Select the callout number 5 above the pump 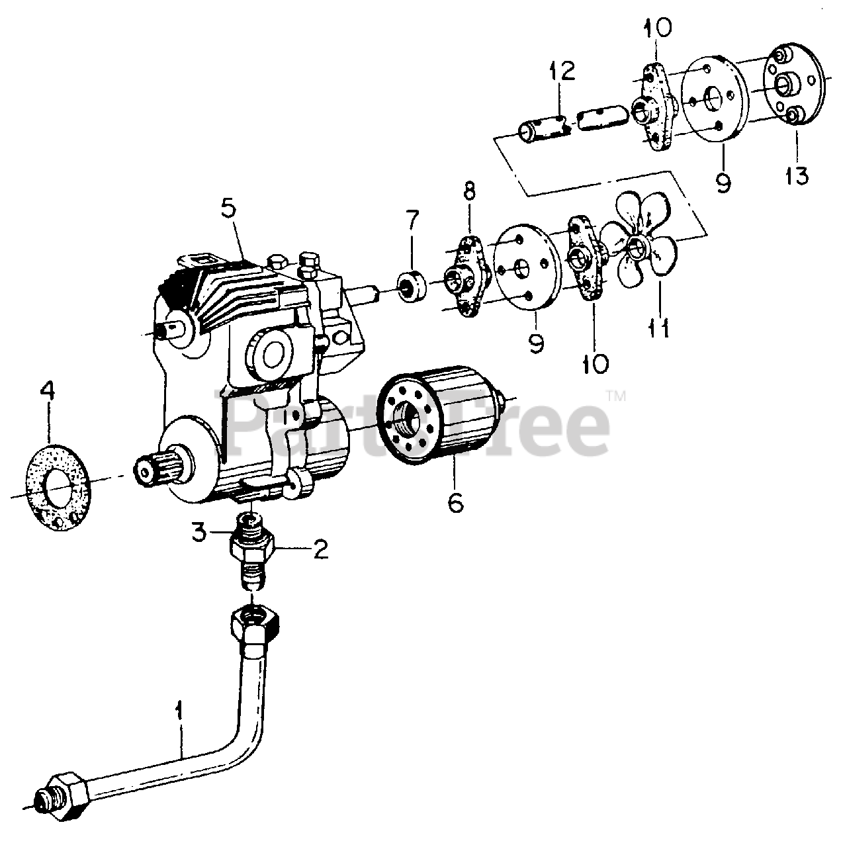pos(228,209)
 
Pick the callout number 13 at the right pos(797,176)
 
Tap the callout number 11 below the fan pos(659,328)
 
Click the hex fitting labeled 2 pos(251,546)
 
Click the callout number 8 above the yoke pos(468,192)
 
